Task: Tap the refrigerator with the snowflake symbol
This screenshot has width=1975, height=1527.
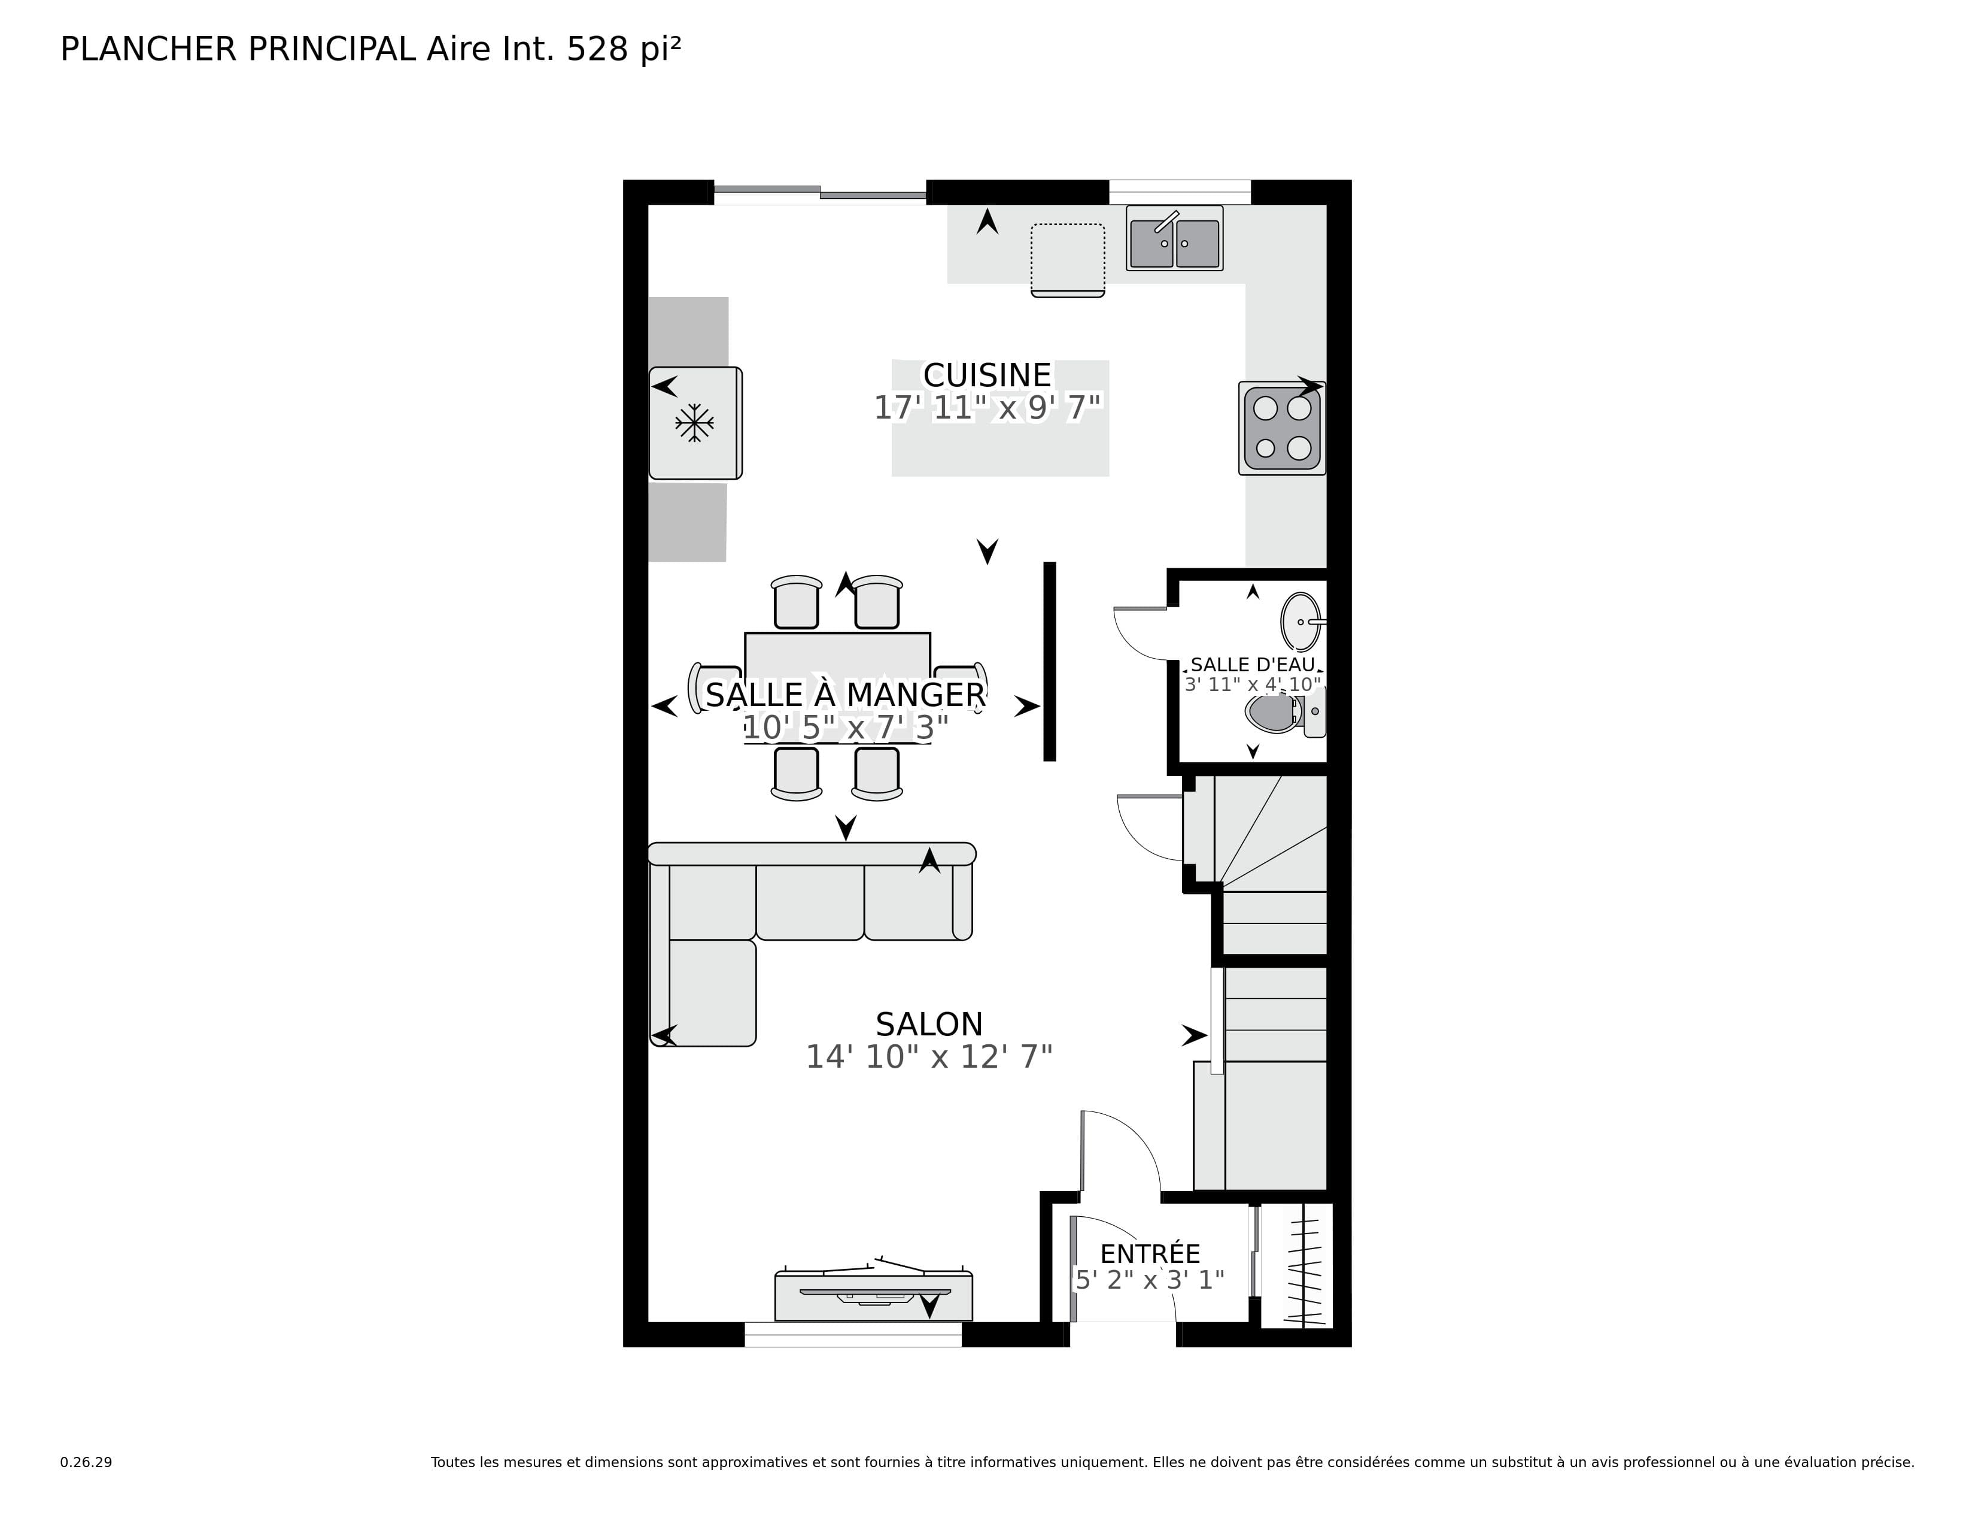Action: coord(694,422)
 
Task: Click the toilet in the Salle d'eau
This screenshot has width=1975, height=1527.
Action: coord(1275,713)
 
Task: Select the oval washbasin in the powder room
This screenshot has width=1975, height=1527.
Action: coord(1301,622)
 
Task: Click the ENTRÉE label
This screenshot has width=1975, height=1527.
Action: coord(1149,1254)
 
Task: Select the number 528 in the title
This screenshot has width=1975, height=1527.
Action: coord(597,50)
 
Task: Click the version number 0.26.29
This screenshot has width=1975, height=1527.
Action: coord(86,1462)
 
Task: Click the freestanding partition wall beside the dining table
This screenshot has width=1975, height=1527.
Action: coord(1049,661)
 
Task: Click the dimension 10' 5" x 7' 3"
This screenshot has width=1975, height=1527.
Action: coord(844,728)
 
